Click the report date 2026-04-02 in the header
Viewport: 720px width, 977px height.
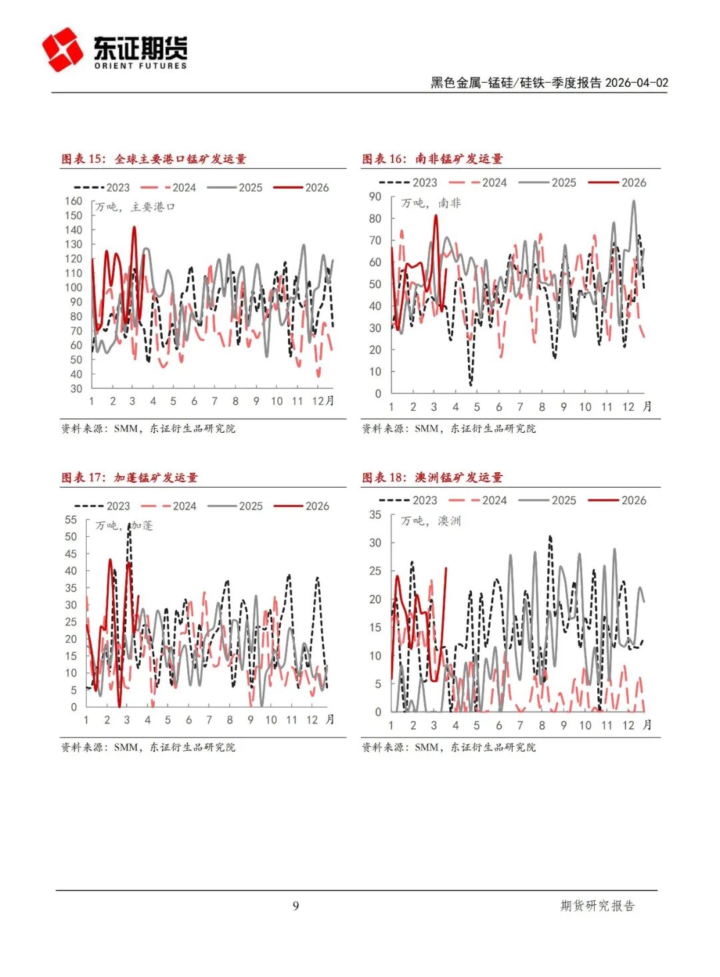point(636,83)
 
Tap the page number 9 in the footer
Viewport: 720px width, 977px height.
point(296,906)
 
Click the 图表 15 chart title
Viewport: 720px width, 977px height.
point(154,159)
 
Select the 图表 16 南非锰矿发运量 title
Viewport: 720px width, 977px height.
point(432,159)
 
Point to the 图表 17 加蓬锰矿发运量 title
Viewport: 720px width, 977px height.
point(129,477)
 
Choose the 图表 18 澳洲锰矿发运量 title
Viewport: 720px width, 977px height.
point(432,477)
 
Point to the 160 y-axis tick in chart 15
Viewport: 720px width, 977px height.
point(73,201)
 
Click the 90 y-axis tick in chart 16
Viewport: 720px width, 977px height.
point(375,197)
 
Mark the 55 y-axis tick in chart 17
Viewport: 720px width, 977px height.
point(71,520)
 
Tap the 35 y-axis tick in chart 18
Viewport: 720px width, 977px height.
point(375,515)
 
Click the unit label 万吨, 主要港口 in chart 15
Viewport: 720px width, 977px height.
point(135,207)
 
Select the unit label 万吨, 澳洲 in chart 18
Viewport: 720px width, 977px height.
point(431,521)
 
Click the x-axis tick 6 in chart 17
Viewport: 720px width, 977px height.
point(189,720)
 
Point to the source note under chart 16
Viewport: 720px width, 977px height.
point(449,428)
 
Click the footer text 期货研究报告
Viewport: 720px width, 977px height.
point(597,906)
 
